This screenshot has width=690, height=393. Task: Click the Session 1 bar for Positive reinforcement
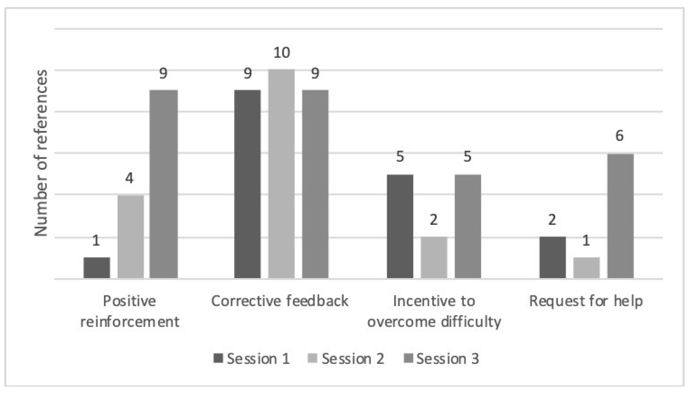97,267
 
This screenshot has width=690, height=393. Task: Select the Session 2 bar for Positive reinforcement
130,236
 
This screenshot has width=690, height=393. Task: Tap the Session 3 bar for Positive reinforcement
163,184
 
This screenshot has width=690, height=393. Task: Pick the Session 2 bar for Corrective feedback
281,174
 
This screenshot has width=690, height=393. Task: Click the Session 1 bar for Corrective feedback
247,184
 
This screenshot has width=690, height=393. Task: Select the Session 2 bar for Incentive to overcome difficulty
434,257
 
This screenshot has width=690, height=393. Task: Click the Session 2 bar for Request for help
586,267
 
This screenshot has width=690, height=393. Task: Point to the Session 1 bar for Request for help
553,257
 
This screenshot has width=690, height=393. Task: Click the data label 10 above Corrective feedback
282,53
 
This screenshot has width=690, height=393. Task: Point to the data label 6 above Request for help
619,135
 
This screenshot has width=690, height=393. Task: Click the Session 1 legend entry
251,359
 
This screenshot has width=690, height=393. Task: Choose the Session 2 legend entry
346,359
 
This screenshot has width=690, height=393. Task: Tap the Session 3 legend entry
441,359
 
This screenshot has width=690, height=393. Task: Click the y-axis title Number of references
41,153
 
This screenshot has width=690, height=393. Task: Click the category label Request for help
586,301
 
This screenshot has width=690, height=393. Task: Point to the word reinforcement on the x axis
130,322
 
